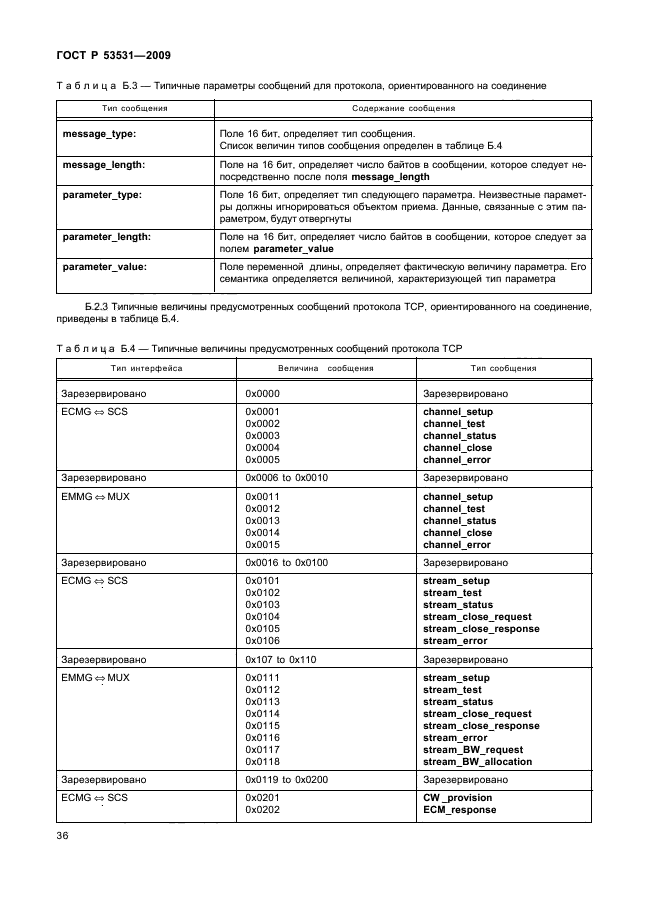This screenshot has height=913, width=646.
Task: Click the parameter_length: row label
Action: click(x=106, y=237)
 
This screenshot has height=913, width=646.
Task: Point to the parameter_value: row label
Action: click(x=104, y=267)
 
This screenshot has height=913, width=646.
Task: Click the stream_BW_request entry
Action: click(x=473, y=749)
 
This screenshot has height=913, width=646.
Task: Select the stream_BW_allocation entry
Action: click(x=477, y=761)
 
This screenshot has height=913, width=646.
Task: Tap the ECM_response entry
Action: click(x=460, y=810)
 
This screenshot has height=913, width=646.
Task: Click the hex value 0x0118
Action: click(x=262, y=761)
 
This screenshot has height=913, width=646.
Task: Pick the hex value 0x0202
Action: click(x=262, y=810)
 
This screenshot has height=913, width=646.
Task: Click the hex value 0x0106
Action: click(x=262, y=641)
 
